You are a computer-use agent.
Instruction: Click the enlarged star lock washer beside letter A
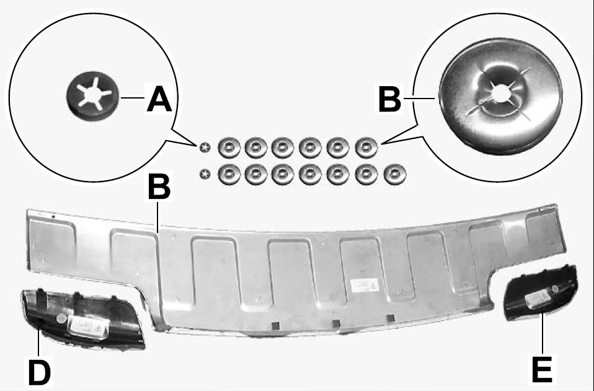pos(92,96)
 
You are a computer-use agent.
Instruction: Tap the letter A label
pos(159,99)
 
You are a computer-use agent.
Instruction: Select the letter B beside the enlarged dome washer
pos(389,99)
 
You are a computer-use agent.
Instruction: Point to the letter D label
pos(40,372)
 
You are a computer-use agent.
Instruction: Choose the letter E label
pos(542,370)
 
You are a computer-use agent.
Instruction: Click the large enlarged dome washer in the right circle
pos(501,96)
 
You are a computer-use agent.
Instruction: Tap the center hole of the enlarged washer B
pos(501,93)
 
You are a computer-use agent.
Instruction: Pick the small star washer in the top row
pos(205,147)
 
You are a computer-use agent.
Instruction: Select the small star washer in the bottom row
pos(205,174)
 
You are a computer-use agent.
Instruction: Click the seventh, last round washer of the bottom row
pos(395,175)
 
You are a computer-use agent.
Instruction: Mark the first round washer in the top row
pos(229,147)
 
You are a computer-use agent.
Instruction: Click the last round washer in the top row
pos(366,147)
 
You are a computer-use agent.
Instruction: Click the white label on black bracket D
pos(88,327)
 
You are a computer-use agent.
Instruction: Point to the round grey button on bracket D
pos(61,319)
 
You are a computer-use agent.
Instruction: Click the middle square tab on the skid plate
pos(335,324)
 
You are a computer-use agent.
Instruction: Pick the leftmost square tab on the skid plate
pos(276,325)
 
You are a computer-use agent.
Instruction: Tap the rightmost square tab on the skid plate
pos(391,318)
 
